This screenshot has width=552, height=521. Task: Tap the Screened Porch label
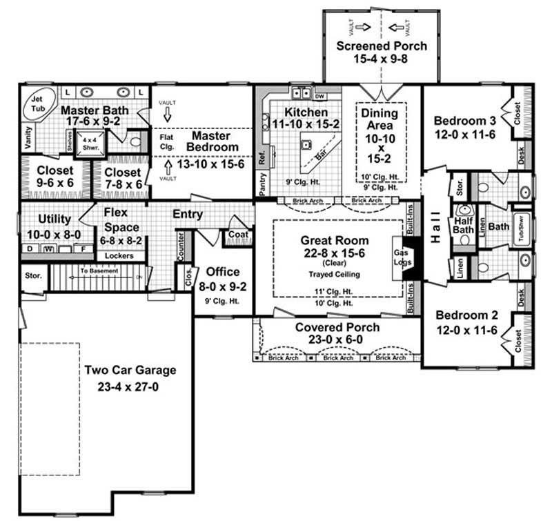coord(382,46)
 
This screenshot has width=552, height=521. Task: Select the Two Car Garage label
coord(130,370)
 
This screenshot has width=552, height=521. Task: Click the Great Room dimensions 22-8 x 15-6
coord(335,253)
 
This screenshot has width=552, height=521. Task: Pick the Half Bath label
coord(463,225)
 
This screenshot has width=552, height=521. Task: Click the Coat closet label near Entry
coord(238,235)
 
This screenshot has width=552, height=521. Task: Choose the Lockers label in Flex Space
coord(119,255)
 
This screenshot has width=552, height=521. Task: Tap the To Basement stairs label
coord(99,271)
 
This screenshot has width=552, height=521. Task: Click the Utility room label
coord(55,219)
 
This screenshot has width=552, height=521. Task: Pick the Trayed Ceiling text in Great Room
coord(335,274)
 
